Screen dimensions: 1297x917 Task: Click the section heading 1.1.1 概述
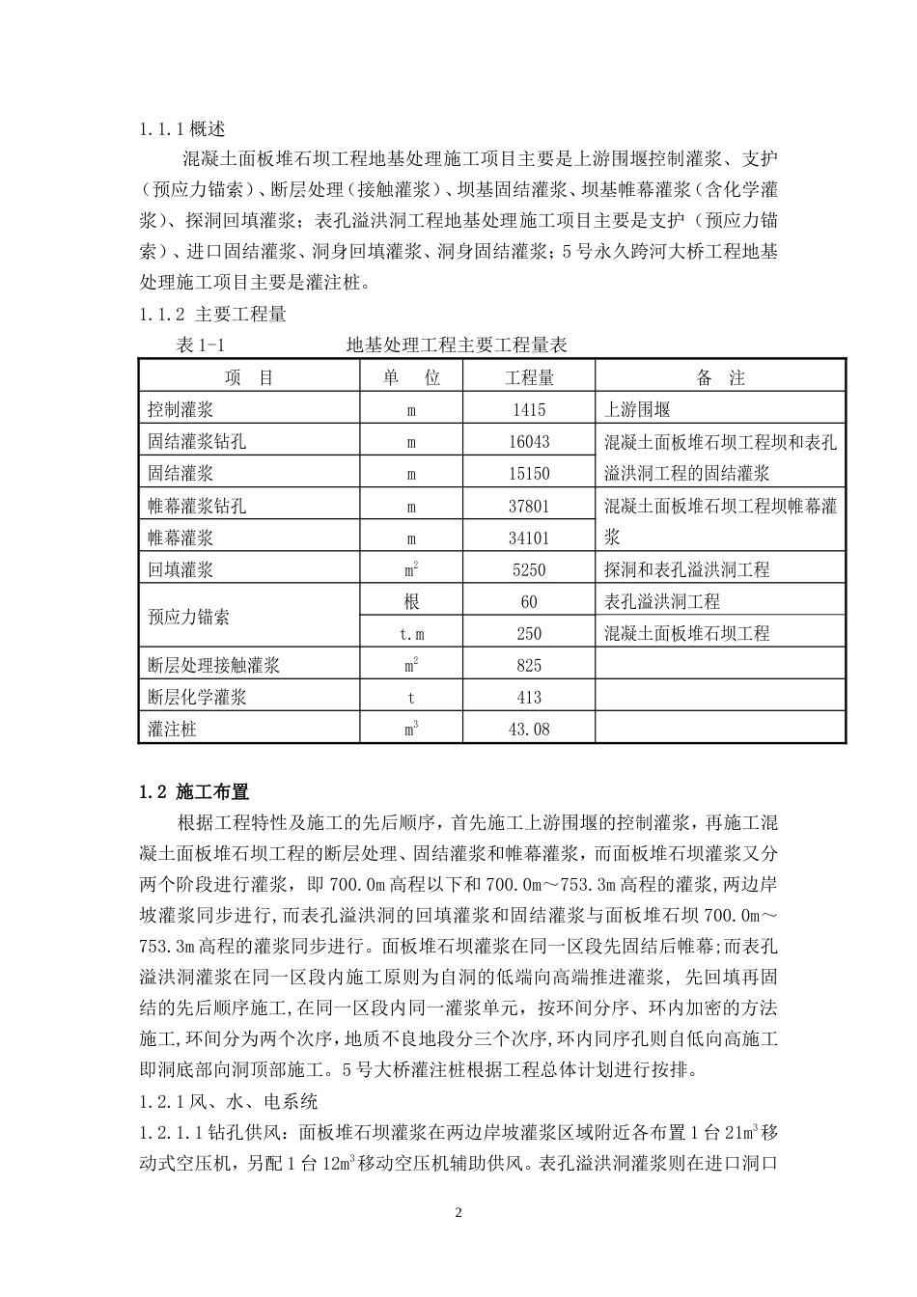(182, 128)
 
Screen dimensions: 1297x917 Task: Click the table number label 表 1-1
(200, 345)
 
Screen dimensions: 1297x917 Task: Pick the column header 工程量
(529, 378)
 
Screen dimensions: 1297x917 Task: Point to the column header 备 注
(720, 378)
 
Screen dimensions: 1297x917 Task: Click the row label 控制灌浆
(181, 410)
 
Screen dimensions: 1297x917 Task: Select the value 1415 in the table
(529, 410)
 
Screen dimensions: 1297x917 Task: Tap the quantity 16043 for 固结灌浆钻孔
(529, 442)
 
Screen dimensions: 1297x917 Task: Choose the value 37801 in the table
(529, 506)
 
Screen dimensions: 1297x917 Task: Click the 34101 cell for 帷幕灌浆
(529, 538)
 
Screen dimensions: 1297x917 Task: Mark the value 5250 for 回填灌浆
(529, 569)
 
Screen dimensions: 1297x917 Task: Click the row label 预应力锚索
(188, 618)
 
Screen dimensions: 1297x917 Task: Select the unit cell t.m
(411, 634)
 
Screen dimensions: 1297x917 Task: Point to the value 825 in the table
(529, 666)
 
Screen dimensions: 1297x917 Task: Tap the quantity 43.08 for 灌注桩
(529, 730)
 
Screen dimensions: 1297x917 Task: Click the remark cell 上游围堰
(637, 410)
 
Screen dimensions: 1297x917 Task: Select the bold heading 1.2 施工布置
(194, 792)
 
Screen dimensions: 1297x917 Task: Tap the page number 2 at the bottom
(458, 1212)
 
